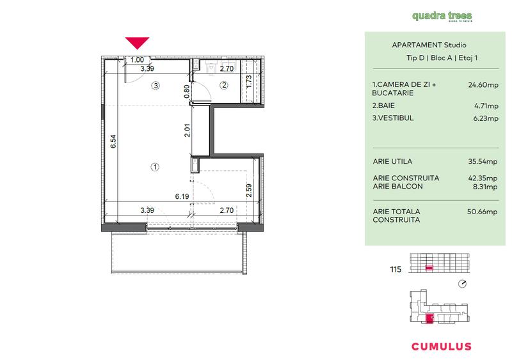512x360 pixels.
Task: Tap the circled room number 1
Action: [154, 167]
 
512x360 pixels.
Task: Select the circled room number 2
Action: [224, 85]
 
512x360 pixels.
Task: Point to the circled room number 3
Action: [156, 85]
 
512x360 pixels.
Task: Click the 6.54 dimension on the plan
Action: [113, 141]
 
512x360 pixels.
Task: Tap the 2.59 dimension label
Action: [248, 190]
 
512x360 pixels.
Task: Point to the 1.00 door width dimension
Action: [137, 60]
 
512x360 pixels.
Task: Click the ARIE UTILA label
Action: [392, 161]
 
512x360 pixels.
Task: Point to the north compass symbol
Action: [463, 283]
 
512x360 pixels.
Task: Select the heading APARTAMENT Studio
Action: [428, 45]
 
